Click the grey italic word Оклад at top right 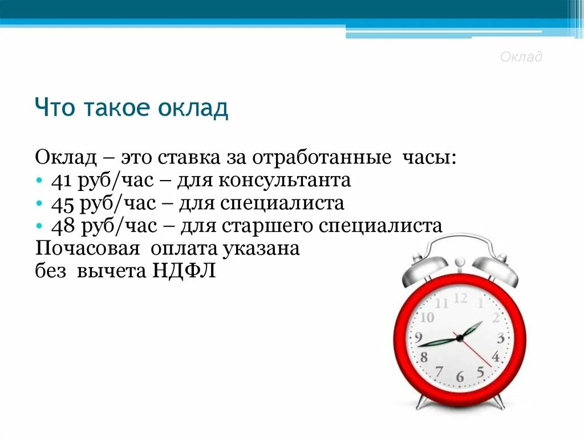tap(521, 57)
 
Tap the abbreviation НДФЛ tap(184, 271)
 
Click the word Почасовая tap(87, 248)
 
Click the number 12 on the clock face tap(461, 298)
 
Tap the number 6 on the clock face tap(460, 377)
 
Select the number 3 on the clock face tap(500, 338)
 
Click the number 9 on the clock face tap(419, 336)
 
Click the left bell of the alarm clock tap(425, 269)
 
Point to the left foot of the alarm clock tap(423, 402)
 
